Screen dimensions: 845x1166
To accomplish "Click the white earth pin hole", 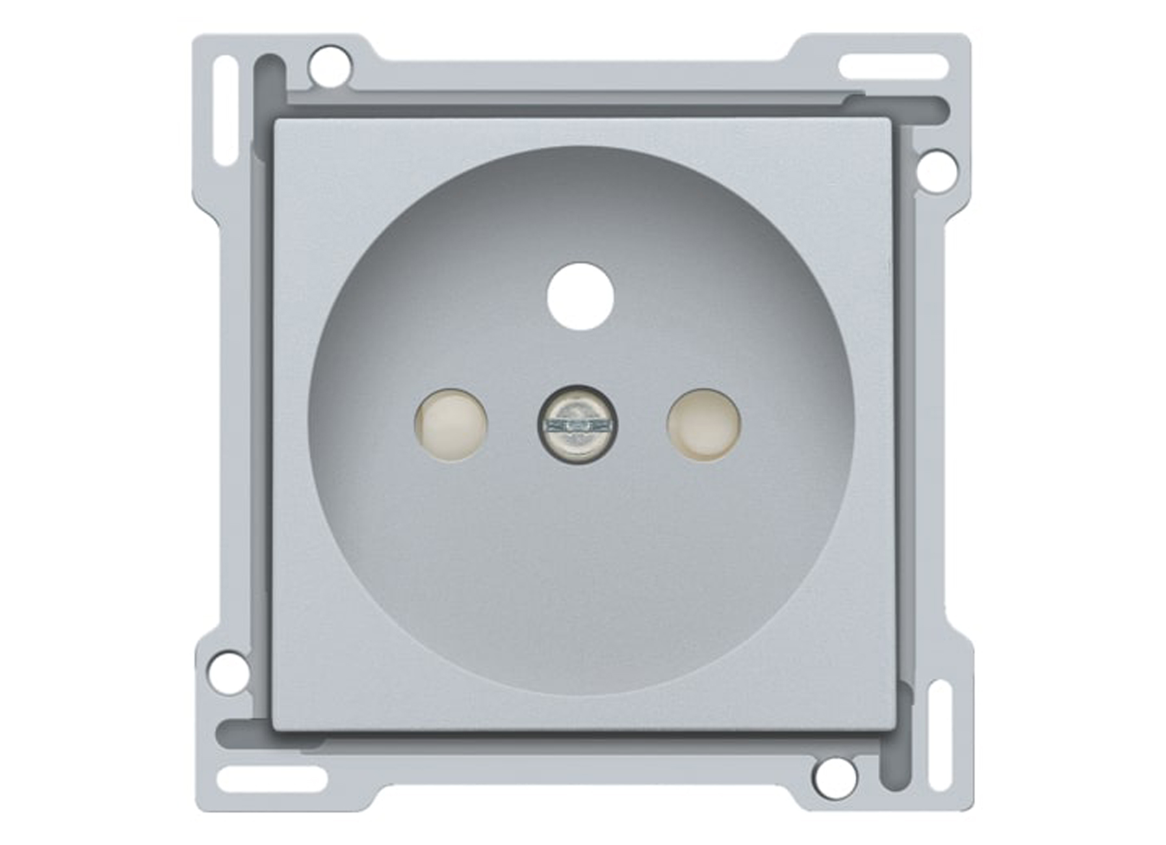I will (580, 296).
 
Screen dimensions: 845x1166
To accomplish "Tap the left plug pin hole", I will (450, 425).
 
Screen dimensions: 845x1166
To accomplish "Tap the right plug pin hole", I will (704, 425).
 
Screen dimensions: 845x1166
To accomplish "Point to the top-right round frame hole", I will (936, 171).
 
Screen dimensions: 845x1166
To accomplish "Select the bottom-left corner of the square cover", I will (276, 729).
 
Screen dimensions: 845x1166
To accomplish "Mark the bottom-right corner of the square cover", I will (892, 729).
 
